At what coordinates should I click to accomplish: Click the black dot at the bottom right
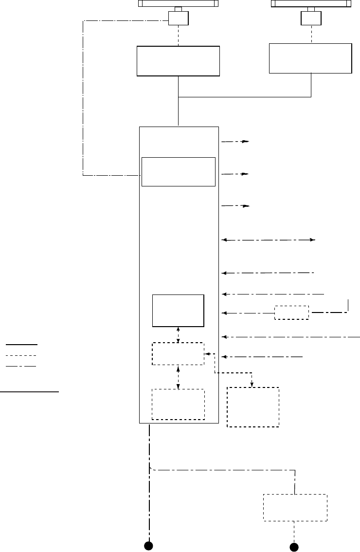(x=294, y=546)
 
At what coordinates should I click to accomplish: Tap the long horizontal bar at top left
(x=178, y=3)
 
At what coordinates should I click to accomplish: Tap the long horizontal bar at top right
(x=310, y=3)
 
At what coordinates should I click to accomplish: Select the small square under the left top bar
(x=179, y=19)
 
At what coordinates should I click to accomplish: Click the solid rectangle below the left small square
(x=178, y=61)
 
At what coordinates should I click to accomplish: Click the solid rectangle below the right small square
(x=310, y=58)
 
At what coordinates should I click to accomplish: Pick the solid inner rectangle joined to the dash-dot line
(x=178, y=171)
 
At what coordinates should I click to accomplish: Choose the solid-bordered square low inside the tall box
(x=178, y=310)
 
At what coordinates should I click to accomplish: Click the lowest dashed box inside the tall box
(x=178, y=404)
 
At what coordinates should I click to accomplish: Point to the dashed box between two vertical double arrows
(x=178, y=354)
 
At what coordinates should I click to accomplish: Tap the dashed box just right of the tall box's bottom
(x=253, y=407)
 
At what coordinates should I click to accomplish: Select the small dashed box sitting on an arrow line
(x=291, y=313)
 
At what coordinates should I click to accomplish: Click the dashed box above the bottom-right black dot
(x=295, y=508)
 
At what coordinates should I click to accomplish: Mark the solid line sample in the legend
(x=21, y=344)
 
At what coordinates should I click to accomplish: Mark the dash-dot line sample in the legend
(x=21, y=366)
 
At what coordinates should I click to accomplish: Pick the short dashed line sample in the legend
(x=21, y=355)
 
